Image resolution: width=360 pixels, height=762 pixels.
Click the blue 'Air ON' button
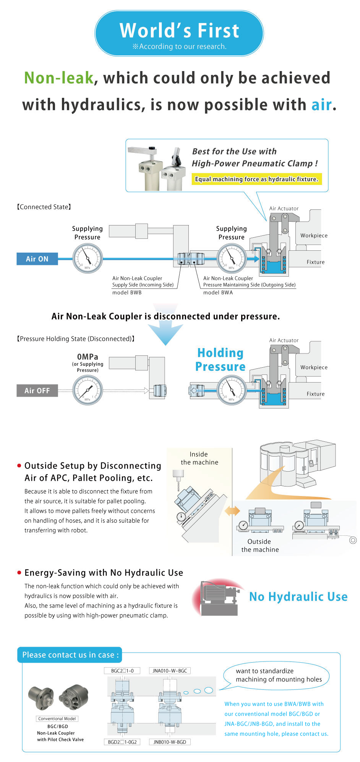point(37,259)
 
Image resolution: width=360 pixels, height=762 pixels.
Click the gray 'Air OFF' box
point(37,391)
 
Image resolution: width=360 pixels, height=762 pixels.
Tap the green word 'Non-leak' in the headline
point(59,78)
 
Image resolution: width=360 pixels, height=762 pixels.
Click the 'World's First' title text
point(179,31)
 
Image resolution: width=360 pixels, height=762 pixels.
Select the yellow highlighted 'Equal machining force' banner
point(256,179)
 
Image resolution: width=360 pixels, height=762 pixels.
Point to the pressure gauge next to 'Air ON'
point(88,258)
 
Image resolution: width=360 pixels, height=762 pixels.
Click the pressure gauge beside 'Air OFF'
point(88,390)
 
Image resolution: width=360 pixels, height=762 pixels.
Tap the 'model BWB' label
point(127,292)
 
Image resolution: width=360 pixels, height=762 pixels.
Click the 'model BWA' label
point(218,292)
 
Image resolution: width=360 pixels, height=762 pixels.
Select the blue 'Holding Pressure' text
point(220,360)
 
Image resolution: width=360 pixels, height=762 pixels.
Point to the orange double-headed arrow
point(232,511)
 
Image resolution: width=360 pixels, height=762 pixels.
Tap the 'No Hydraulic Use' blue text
point(298,597)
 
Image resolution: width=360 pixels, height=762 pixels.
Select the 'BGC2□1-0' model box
point(122,671)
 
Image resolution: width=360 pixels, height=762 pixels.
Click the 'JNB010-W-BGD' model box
point(170,742)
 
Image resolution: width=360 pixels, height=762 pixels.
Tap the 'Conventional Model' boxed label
point(57,718)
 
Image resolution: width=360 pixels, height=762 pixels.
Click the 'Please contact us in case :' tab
point(70,655)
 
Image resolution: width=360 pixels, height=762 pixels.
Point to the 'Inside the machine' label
point(199,458)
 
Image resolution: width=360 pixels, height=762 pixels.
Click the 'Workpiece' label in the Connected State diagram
point(314,235)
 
